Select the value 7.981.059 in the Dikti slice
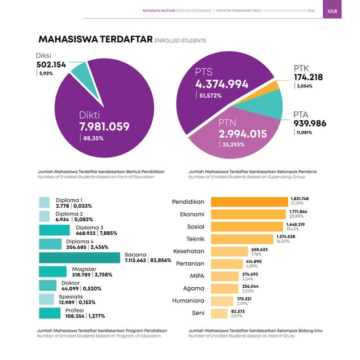tap(104, 126)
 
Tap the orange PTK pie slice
tap(271, 86)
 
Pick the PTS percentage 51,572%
tap(210, 96)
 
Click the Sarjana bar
tap(80, 257)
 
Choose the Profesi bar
tap(52, 313)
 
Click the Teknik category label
tap(195, 239)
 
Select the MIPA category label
tap(193, 276)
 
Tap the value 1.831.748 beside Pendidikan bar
tap(300, 199)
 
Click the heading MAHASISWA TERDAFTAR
tap(95, 39)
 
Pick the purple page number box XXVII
tap(332, 10)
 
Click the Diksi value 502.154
tap(51, 65)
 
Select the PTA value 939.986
tap(310, 124)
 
